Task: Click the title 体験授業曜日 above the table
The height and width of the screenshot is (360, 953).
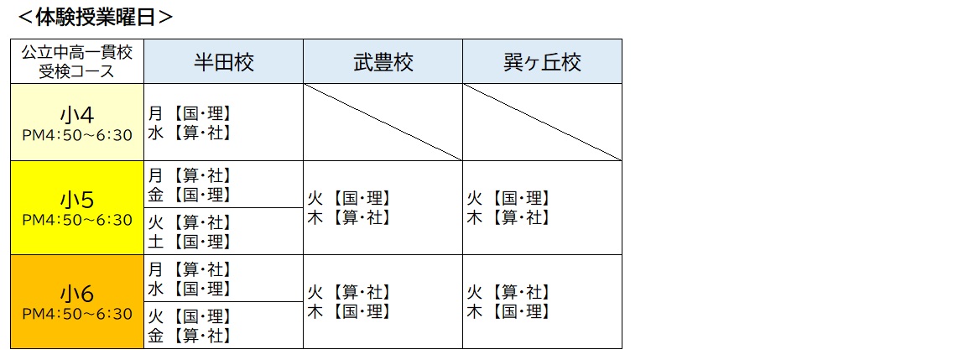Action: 95,17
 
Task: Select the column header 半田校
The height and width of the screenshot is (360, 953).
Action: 223,62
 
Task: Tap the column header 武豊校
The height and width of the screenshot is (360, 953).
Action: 383,62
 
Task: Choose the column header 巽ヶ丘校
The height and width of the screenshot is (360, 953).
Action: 542,62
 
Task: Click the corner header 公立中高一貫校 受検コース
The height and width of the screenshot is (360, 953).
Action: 77,61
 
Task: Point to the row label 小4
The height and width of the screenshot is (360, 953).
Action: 77,113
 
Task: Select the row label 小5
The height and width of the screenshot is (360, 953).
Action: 77,200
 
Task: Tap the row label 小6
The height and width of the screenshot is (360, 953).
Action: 77,294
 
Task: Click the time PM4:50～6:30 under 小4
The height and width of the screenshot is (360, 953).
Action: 77,135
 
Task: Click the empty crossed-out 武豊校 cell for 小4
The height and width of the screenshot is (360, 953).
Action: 383,122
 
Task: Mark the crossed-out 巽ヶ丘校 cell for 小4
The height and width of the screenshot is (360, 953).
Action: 542,122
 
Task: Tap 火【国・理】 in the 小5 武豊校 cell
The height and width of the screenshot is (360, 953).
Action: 348,199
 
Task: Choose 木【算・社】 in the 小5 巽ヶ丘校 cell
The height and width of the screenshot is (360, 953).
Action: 508,218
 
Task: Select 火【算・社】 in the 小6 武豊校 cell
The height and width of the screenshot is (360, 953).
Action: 348,293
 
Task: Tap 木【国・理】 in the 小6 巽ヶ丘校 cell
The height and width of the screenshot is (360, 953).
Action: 508,312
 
